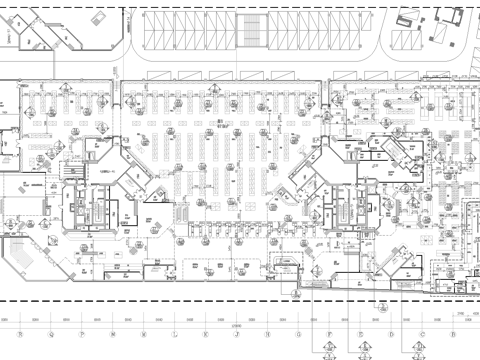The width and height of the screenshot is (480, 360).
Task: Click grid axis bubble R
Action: tap(20, 334)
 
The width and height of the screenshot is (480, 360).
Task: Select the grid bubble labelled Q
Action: tap(51, 334)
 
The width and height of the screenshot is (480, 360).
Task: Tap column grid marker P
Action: tap(82, 334)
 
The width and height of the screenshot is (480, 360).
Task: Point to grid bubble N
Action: tap(113, 334)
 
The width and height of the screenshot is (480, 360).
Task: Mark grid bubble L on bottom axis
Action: tap(175, 334)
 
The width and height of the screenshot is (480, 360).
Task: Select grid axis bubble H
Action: tap(267, 334)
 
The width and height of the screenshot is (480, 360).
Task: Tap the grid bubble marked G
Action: tap(298, 334)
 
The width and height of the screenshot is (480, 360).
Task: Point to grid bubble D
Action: tap(391, 334)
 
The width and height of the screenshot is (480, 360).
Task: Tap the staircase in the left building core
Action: tap(85, 206)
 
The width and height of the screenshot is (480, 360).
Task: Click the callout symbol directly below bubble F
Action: tap(329, 347)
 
